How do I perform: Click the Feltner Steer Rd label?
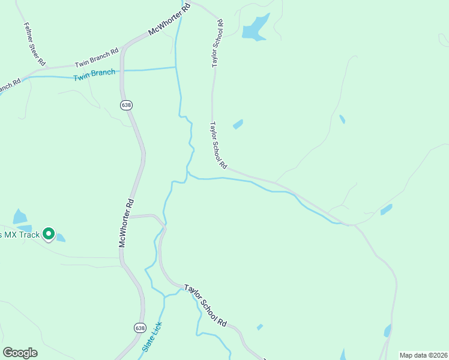pos(34,44)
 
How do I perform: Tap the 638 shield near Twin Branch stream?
pos(126,105)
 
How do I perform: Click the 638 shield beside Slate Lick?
pos(140,328)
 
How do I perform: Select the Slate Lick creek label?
pos(152,337)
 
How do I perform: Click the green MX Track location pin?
pos(49,233)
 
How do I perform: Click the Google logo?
pos(20,353)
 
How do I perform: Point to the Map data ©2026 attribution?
pos(423,355)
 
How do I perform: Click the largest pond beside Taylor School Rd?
pos(255,28)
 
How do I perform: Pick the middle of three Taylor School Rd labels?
pos(217,145)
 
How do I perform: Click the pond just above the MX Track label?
pos(20,217)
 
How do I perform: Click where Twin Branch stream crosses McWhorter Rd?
pos(122,71)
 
